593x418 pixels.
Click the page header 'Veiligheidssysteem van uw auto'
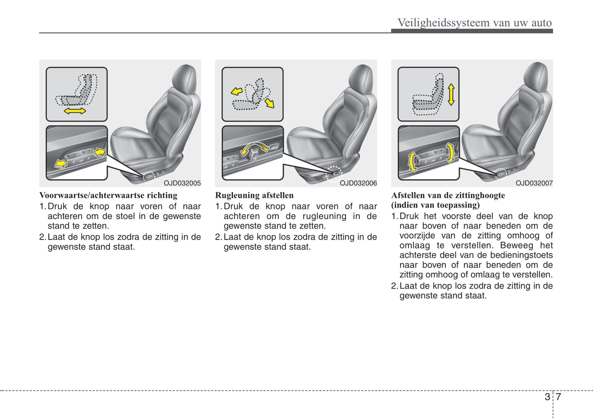tap(474, 23)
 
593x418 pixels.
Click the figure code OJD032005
tap(182, 183)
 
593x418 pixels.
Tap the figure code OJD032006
tap(358, 183)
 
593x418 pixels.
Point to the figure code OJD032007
tap(534, 183)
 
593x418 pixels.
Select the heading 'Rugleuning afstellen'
tap(254, 195)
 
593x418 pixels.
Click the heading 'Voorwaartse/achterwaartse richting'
tap(108, 195)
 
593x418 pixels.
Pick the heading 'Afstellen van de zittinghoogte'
tap(448, 195)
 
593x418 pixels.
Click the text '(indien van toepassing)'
tap(435, 205)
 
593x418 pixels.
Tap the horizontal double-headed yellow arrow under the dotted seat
tap(75, 111)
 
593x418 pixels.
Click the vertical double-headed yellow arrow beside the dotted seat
tap(451, 95)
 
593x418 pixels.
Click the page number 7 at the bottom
tap(559, 397)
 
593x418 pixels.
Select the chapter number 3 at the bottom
tap(547, 397)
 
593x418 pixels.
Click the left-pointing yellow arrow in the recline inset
tap(236, 91)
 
